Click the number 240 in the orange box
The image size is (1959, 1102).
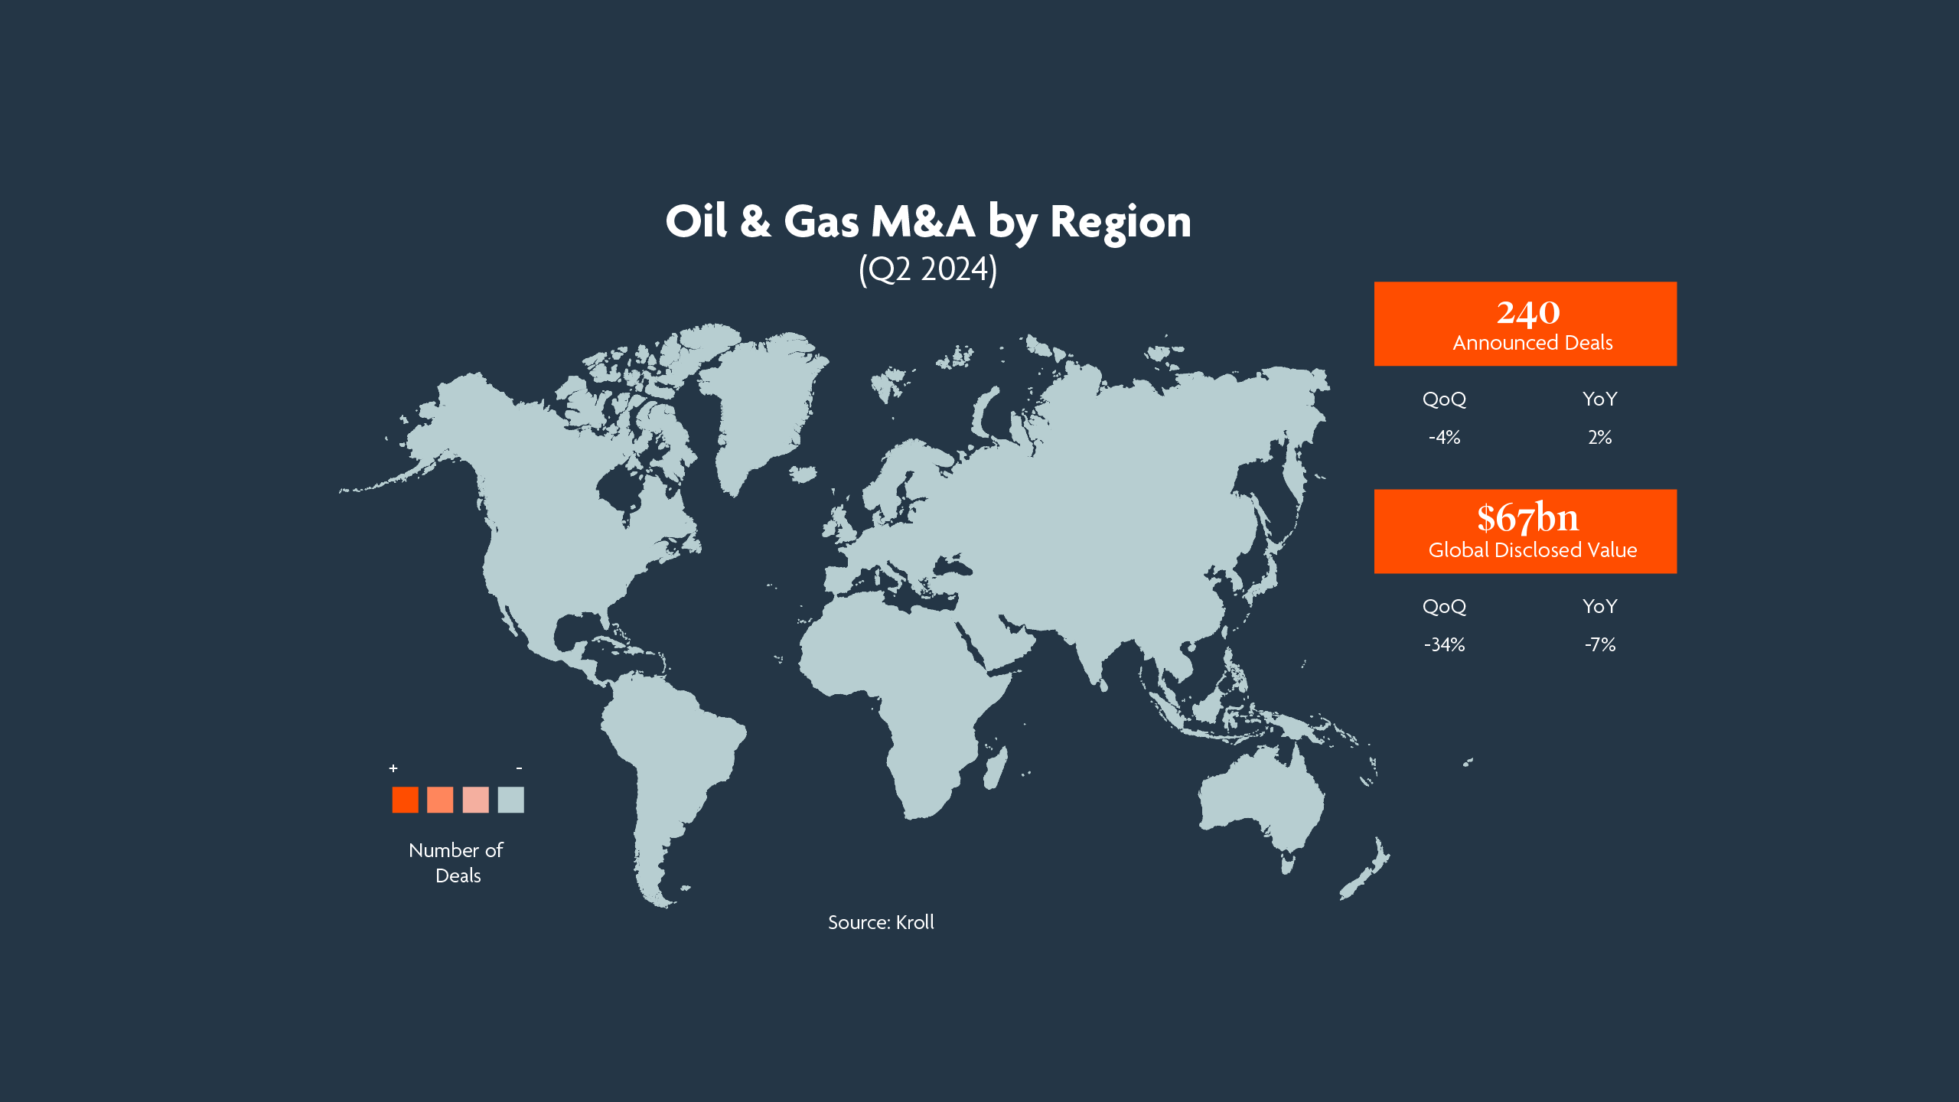[1527, 313]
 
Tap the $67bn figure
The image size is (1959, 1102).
[1527, 518]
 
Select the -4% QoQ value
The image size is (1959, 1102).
[1444, 438]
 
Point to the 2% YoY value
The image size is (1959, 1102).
[1599, 438]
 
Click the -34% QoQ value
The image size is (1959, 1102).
[1444, 645]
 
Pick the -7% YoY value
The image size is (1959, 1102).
[1599, 645]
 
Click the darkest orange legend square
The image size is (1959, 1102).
[405, 800]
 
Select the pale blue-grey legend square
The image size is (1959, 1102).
[510, 800]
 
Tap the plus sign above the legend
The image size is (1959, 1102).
[393, 768]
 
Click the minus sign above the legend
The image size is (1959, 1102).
[519, 768]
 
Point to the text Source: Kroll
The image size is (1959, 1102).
[881, 922]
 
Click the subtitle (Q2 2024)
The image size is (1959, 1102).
[927, 269]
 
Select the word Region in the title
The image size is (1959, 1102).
[1120, 222]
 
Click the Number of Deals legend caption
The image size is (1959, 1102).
[457, 862]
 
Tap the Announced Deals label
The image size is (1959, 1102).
[1532, 343]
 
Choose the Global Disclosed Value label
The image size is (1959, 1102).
[1532, 550]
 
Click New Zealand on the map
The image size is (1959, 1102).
[1366, 872]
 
